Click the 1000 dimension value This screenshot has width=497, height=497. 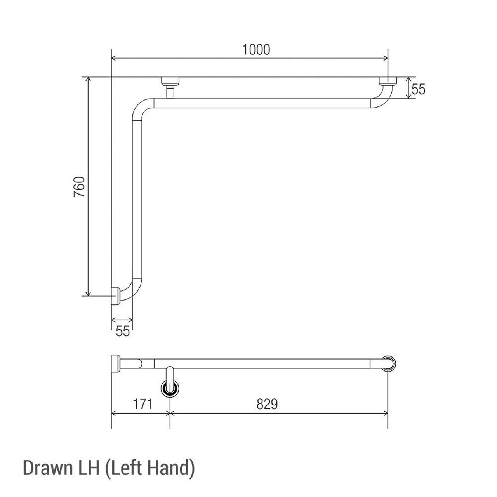pyautogui.click(x=256, y=50)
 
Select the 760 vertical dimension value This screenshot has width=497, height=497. pyautogui.click(x=80, y=187)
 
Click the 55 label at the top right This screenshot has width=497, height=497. pyautogui.click(x=419, y=90)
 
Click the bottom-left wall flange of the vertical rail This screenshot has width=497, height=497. pyautogui.click(x=115, y=296)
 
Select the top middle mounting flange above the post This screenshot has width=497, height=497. pyautogui.click(x=170, y=81)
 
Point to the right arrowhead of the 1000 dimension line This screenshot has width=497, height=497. pyautogui.click(x=386, y=59)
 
